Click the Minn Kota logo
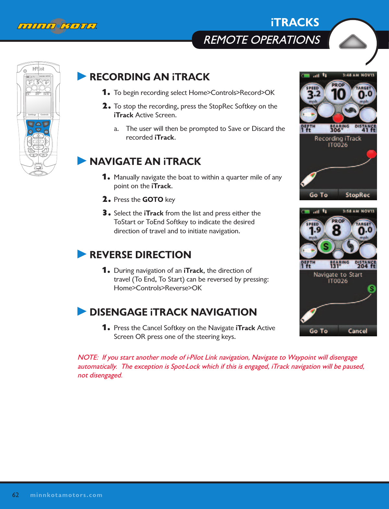[x=57, y=26]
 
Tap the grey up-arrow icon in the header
[x=352, y=42]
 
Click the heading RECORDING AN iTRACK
[x=149, y=77]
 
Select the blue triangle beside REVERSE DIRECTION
[x=82, y=254]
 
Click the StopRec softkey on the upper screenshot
[x=357, y=195]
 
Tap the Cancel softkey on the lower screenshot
[x=357, y=331]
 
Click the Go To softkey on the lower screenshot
[x=318, y=331]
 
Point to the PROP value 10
[x=338, y=95]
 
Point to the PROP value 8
[x=337, y=230]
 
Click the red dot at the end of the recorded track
[x=371, y=154]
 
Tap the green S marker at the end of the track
[x=371, y=289]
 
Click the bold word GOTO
[x=153, y=200]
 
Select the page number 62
[x=16, y=495]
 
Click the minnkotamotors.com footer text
[x=66, y=495]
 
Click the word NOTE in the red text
[x=87, y=357]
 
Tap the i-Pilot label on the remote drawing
[x=38, y=69]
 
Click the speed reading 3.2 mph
[x=313, y=95]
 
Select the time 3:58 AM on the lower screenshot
[x=350, y=211]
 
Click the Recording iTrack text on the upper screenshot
[x=338, y=138]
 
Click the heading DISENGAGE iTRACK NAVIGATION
[x=173, y=312]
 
